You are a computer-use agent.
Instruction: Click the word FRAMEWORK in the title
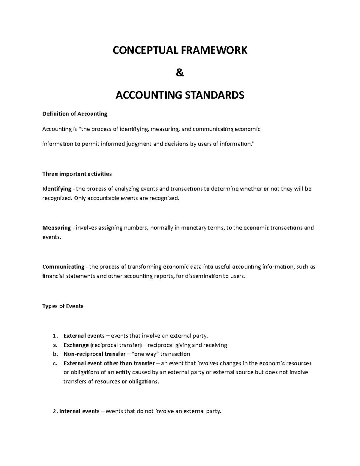[x=213, y=50]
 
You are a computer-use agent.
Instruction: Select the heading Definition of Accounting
[x=75, y=114]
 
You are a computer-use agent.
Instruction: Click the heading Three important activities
[x=77, y=174]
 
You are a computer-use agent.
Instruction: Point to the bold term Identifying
[x=57, y=189]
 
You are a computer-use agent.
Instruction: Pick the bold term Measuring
[x=57, y=228]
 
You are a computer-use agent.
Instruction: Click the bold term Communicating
[x=63, y=267]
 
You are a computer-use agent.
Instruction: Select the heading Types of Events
[x=63, y=306]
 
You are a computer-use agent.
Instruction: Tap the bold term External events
[x=84, y=336]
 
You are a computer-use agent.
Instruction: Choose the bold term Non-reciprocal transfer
[x=94, y=354]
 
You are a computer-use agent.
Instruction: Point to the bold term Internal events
[x=79, y=411]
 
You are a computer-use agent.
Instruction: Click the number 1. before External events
[x=55, y=336]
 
